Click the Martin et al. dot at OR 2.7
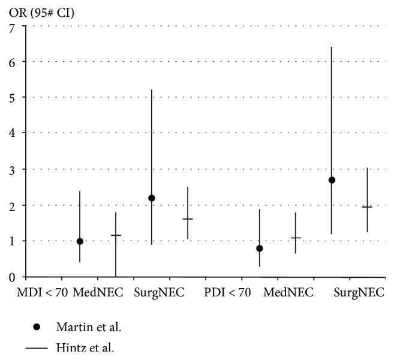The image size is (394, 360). (332, 180)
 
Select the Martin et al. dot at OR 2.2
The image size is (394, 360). (152, 198)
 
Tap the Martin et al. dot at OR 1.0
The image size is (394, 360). (80, 241)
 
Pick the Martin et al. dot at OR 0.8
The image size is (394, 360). (260, 248)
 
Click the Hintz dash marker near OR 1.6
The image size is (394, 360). (188, 219)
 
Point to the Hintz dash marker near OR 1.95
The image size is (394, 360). (367, 207)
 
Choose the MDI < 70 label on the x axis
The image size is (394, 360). (41, 293)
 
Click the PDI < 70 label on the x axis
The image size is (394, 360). (227, 293)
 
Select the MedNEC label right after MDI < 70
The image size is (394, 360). (98, 293)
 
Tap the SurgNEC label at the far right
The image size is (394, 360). (359, 293)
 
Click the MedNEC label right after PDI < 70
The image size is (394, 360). (288, 293)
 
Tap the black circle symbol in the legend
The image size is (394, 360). (37, 327)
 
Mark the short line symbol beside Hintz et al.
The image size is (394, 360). (37, 347)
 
